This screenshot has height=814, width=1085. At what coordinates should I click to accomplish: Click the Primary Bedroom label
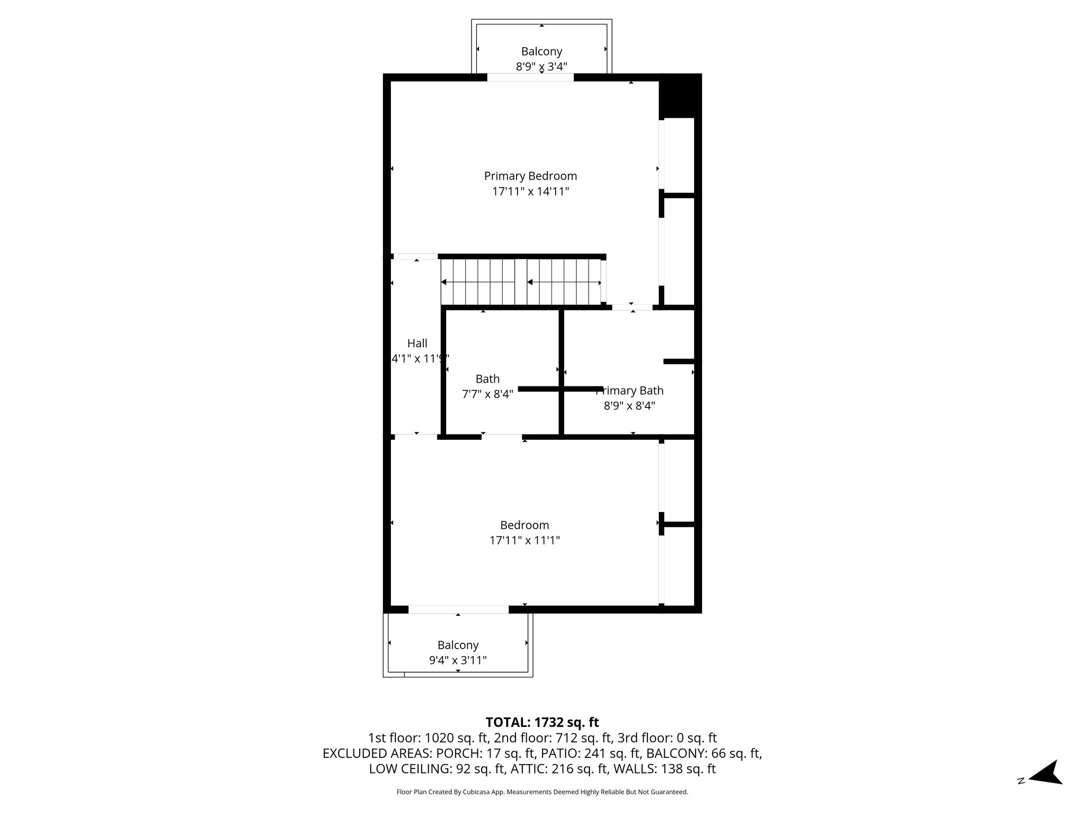click(530, 176)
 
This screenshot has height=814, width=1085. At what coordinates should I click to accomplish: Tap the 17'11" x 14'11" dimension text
click(530, 192)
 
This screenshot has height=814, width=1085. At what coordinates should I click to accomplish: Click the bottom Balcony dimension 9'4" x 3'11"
click(458, 660)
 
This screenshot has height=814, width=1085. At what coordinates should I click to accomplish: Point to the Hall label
click(417, 343)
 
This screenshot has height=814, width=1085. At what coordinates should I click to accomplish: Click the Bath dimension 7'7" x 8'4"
click(487, 394)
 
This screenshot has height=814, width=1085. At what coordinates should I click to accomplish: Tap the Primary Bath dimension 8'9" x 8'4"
click(629, 406)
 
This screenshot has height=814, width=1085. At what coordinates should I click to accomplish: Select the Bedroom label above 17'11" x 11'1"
click(524, 525)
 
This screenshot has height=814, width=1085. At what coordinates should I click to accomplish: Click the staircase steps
click(522, 282)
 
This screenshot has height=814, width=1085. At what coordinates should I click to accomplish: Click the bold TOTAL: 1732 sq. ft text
click(542, 722)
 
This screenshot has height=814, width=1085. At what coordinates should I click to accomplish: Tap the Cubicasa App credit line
click(542, 792)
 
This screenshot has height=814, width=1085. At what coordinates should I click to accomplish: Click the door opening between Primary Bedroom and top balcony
click(530, 77)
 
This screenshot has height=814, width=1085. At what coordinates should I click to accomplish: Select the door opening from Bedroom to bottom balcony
click(458, 609)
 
